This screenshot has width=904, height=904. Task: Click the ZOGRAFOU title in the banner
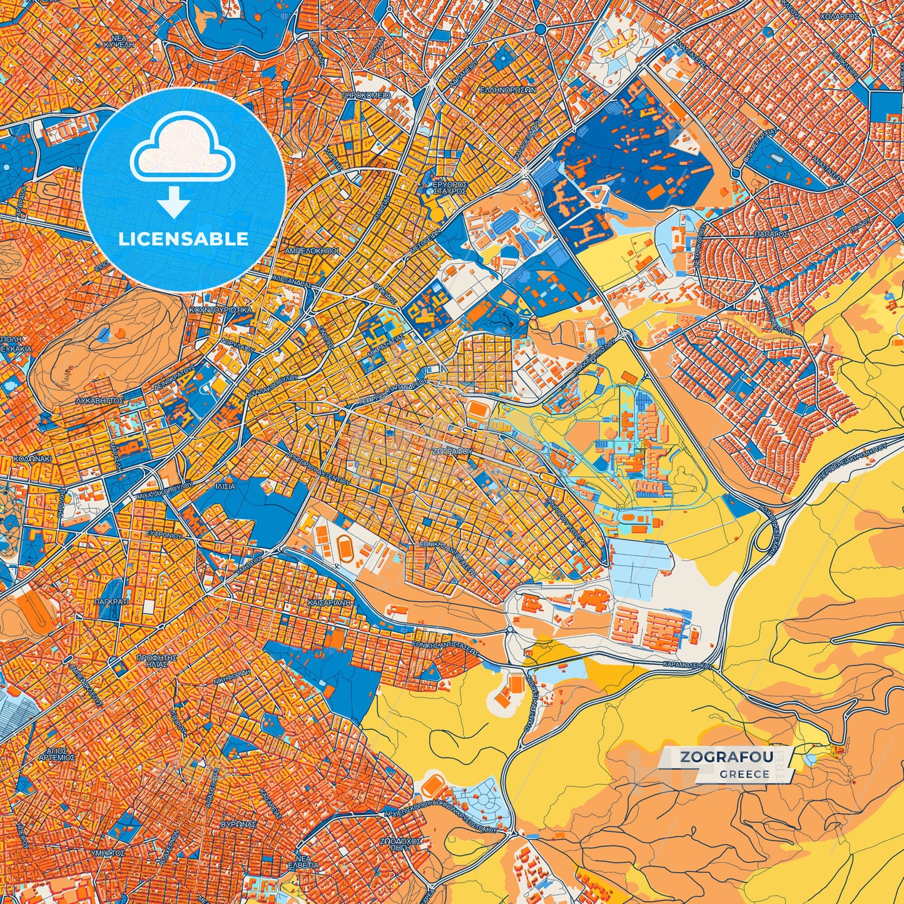(726, 757)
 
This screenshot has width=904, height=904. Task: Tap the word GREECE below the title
(744, 774)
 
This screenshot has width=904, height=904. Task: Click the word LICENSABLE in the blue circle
(184, 239)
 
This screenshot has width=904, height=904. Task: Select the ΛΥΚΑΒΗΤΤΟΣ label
(99, 399)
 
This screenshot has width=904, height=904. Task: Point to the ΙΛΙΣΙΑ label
(225, 486)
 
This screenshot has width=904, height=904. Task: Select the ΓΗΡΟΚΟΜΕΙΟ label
(366, 95)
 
